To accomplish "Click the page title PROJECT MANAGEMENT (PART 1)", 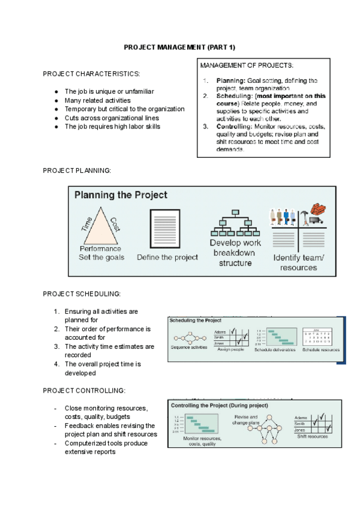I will point(180,47).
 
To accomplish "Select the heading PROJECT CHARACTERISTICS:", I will point(92,73).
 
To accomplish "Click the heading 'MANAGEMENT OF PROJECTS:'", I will point(247,65).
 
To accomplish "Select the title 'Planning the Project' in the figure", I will point(121,195).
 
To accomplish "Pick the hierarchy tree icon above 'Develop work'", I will point(235,223).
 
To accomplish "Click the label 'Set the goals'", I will point(101,258).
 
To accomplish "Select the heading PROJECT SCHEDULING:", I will point(82,294).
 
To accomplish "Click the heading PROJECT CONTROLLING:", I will point(84,390).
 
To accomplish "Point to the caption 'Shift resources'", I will point(313,436).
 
